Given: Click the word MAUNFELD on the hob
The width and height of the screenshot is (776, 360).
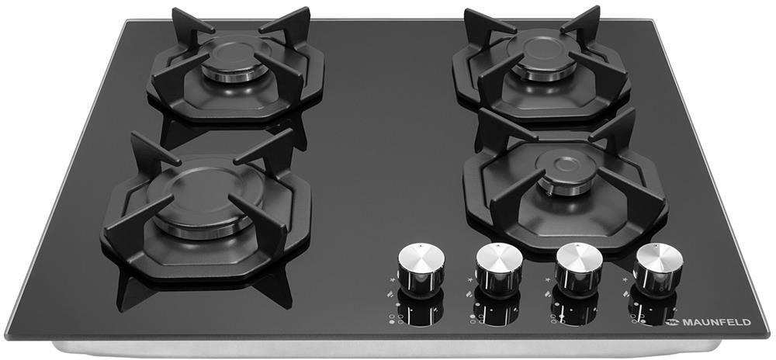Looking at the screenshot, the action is point(716,323).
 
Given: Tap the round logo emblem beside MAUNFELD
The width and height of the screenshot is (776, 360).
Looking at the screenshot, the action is point(673,323).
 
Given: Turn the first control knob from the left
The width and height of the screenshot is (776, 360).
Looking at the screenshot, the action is point(421,269).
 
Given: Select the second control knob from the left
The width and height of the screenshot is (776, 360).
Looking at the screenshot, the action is point(499,269).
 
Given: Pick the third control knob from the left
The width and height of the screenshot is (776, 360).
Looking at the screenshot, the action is point(579,269).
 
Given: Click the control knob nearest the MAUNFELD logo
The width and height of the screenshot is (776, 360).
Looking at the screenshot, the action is point(659,269).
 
